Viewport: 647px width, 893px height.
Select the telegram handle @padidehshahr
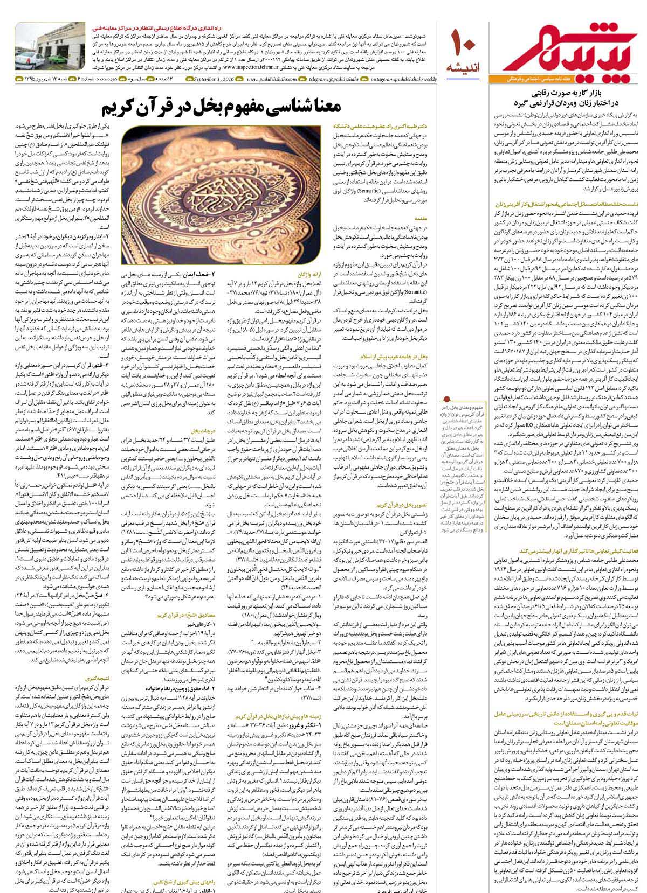point(334,80)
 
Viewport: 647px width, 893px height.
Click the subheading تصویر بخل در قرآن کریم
point(404,505)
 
